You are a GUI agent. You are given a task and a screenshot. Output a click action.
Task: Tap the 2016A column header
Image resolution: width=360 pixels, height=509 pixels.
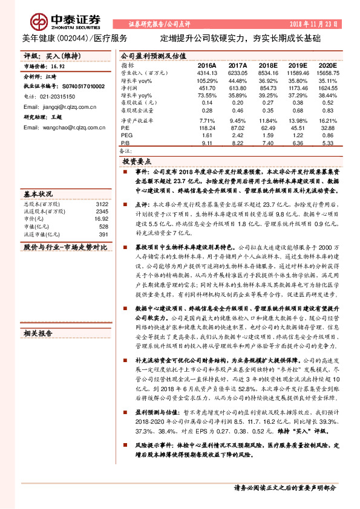pos(207,65)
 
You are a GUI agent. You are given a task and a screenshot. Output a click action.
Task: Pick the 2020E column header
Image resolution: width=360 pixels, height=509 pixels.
pos(327,65)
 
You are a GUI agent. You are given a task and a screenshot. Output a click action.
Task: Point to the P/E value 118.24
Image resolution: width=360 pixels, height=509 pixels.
pos(207,128)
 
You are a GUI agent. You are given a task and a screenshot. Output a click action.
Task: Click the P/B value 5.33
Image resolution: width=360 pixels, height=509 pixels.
pos(328,143)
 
